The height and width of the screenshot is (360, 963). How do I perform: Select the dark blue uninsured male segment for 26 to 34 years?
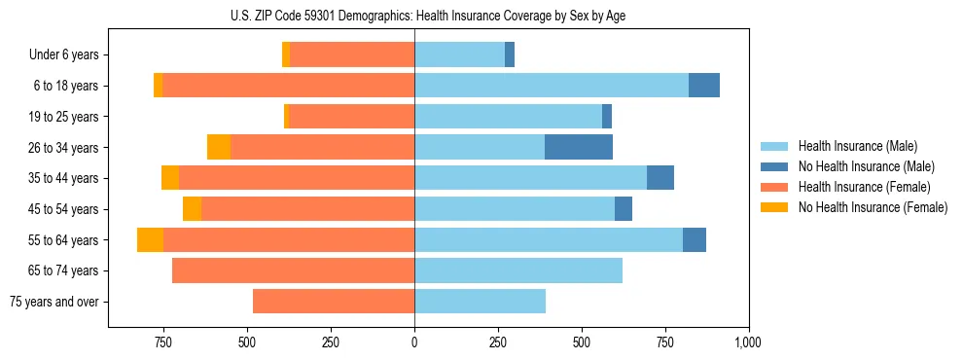[578, 147]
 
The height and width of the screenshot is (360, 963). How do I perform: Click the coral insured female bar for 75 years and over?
[334, 302]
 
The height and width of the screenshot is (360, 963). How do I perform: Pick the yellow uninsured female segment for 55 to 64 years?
[150, 239]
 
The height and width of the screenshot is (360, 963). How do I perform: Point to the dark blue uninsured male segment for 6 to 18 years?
[703, 86]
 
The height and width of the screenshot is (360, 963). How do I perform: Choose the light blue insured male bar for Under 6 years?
[459, 54]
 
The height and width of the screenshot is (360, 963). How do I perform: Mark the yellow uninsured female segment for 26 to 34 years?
[219, 147]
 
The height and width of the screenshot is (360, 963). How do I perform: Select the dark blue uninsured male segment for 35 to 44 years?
[660, 178]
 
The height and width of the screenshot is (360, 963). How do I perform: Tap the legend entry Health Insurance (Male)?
[857, 146]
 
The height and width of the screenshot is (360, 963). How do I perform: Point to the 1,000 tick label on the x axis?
[748, 342]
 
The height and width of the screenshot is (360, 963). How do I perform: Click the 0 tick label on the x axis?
[414, 342]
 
